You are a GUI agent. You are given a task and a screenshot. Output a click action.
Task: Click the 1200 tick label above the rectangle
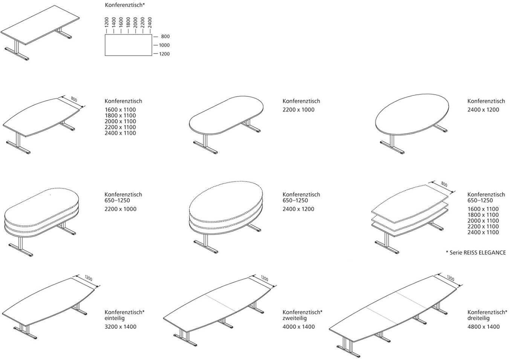click(107, 22)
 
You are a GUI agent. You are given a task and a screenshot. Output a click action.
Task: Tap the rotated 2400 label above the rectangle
click(150, 22)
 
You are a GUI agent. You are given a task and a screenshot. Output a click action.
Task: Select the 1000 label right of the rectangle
click(164, 45)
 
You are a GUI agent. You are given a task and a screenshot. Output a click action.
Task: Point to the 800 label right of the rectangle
click(165, 36)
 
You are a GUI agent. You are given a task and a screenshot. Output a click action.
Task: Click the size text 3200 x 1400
click(121, 327)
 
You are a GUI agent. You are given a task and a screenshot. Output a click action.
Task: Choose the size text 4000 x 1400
click(298, 327)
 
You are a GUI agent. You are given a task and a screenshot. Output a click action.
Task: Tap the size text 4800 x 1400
click(484, 327)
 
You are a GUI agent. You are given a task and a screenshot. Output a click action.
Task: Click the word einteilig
click(115, 318)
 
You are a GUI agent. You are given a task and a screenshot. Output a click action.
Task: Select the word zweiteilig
click(295, 318)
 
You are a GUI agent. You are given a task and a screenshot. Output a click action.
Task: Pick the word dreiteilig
click(478, 318)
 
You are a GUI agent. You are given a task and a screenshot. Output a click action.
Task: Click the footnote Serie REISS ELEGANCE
click(478, 253)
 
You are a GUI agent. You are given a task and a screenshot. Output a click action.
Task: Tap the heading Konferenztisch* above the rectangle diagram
click(125, 5)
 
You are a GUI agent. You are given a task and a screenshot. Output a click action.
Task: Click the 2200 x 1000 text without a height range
click(298, 110)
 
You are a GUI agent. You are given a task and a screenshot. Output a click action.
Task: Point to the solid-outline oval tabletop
click(412, 114)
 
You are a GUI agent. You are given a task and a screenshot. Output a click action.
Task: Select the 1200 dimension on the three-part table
click(450, 278)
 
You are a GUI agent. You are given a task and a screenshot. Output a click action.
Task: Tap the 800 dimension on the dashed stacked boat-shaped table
click(444, 184)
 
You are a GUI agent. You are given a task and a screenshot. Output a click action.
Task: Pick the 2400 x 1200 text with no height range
click(483, 110)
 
